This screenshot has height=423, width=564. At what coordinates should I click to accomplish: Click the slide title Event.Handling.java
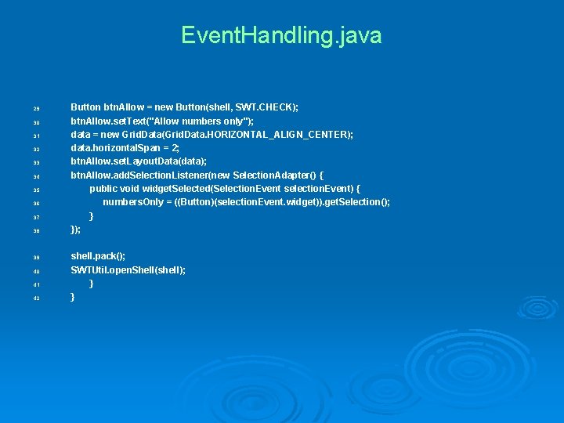point(281,36)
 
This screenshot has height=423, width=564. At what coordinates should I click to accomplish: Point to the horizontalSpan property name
point(131,148)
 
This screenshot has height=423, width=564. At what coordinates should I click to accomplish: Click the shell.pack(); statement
point(98,256)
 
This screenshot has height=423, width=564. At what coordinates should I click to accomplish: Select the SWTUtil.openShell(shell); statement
point(128,269)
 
